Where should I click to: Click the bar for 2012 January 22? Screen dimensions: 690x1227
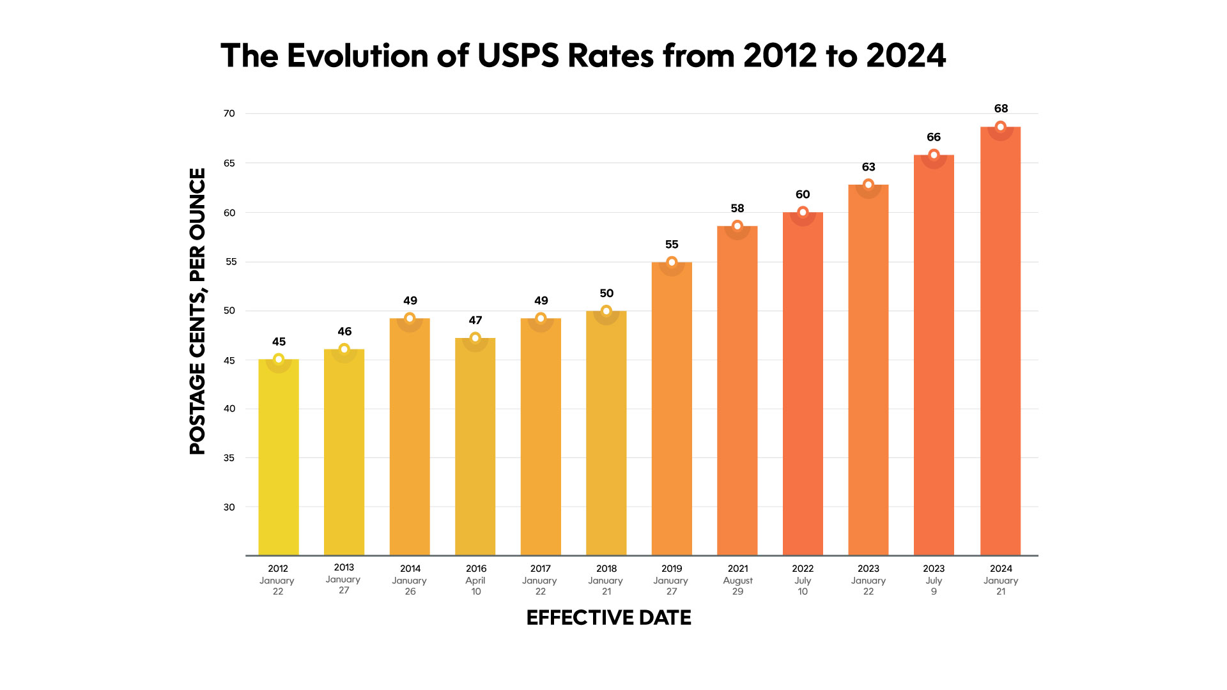(x=279, y=457)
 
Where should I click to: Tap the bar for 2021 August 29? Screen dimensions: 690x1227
(x=737, y=390)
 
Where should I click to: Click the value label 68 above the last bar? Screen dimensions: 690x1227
(x=1001, y=109)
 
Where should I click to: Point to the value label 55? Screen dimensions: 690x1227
(x=672, y=245)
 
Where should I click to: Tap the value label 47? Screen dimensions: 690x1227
(x=475, y=320)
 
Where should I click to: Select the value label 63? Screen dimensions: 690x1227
(x=868, y=167)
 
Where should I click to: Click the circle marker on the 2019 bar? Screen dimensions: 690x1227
(x=672, y=263)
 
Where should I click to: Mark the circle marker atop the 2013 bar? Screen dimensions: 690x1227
(x=344, y=349)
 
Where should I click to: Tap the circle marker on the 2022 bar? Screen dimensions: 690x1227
(x=803, y=212)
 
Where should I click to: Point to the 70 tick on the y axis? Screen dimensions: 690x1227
(x=229, y=114)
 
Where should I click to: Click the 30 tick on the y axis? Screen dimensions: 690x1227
(x=229, y=507)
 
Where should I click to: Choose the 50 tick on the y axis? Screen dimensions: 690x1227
(x=229, y=311)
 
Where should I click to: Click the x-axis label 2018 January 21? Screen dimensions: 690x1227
(x=606, y=579)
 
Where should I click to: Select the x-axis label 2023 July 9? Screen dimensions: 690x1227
(x=934, y=579)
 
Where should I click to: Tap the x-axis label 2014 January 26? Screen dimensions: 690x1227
(x=410, y=579)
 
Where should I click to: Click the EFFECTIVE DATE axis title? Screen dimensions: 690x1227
(x=608, y=618)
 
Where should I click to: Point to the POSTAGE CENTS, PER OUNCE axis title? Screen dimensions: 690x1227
(x=198, y=311)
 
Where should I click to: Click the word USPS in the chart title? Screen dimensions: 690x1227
(x=518, y=56)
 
